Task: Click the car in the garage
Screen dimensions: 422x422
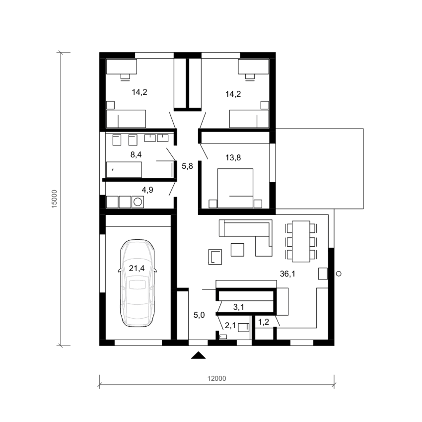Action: click(137, 283)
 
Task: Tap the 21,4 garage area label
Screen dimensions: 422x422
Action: click(137, 268)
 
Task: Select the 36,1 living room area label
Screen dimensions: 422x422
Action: click(288, 274)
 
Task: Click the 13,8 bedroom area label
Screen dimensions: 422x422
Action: click(233, 158)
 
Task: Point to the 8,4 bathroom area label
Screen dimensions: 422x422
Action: click(136, 154)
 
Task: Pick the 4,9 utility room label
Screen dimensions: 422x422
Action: click(147, 190)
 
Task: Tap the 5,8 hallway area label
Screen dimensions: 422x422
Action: click(187, 166)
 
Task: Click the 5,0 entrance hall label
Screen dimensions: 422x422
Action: click(199, 315)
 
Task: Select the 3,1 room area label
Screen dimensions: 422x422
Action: click(239, 307)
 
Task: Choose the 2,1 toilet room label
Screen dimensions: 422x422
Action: click(230, 326)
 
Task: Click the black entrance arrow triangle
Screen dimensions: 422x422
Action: click(198, 355)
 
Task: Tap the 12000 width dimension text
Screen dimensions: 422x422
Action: click(217, 379)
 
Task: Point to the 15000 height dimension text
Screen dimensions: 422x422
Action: click(54, 199)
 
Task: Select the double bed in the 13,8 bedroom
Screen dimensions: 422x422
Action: click(235, 188)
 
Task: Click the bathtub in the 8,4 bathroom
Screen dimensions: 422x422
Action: click(124, 170)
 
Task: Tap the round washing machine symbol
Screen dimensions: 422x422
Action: click(138, 202)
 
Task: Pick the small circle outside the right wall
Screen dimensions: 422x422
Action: click(339, 273)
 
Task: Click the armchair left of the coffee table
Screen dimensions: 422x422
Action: click(215, 257)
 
